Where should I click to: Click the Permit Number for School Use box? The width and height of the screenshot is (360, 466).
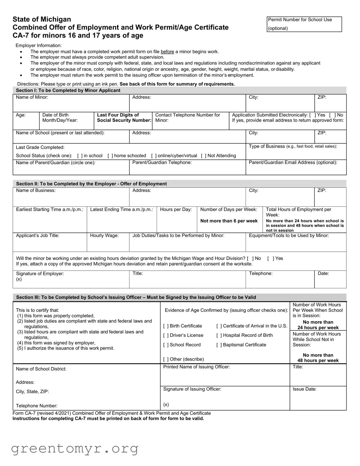point(304,24)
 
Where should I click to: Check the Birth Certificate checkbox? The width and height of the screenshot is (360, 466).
point(166,326)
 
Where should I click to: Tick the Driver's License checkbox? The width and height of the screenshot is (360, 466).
point(166,335)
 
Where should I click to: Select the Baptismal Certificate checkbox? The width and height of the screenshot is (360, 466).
point(219,345)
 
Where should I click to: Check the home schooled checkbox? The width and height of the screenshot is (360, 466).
point(110,156)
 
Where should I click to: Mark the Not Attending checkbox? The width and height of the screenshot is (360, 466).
point(203,156)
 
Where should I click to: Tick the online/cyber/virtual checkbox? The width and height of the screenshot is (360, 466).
point(154,156)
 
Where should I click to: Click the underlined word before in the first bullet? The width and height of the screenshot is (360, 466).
point(167,52)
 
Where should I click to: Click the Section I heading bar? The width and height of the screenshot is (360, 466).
point(179,90)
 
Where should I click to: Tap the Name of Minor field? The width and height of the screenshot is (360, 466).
point(71,105)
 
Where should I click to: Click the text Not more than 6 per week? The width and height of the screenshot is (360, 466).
point(229,221)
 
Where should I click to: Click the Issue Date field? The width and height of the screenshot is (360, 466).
point(318,400)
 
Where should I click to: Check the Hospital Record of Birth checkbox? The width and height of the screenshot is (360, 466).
point(219,335)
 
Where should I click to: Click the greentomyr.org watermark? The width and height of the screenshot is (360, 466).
point(74,449)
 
